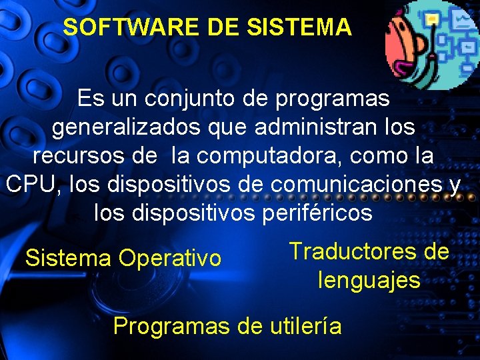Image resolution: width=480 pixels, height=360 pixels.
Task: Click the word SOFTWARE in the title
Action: (113, 27)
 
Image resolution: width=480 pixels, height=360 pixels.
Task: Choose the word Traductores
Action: (353, 251)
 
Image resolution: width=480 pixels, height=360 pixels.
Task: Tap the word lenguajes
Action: (369, 280)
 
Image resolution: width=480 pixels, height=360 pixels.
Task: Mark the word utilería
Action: (306, 326)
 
